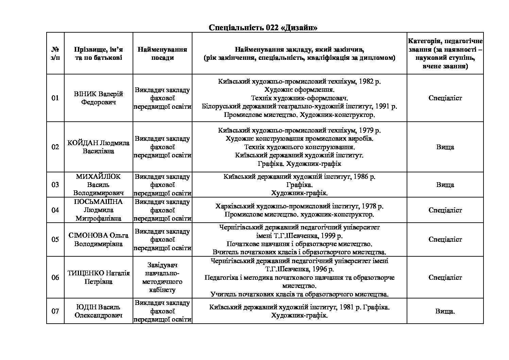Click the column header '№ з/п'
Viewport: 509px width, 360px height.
pyautogui.click(x=55, y=53)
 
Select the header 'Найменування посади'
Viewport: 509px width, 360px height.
pyautogui.click(x=162, y=53)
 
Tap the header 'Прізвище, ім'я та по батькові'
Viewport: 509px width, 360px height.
pyautogui.click(x=98, y=53)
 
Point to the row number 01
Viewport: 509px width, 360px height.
pyautogui.click(x=55, y=98)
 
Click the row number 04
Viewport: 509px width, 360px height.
pyautogui.click(x=55, y=210)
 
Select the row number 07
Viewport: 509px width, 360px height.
pyautogui.click(x=55, y=311)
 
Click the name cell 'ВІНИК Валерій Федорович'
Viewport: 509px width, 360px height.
pyautogui.click(x=98, y=98)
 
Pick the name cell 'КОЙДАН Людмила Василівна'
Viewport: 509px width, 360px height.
pyautogui.click(x=98, y=147)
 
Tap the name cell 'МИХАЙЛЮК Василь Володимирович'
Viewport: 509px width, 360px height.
pyautogui.click(x=98, y=185)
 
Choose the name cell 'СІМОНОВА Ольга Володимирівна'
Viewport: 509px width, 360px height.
pyautogui.click(x=98, y=239)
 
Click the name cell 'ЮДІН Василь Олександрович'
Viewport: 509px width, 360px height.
pyautogui.click(x=98, y=311)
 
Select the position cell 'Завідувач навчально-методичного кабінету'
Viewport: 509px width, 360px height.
pyautogui.click(x=162, y=277)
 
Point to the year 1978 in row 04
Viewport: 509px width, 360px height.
pyautogui.click(x=368, y=206)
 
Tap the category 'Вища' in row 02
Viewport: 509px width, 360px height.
pyautogui.click(x=445, y=147)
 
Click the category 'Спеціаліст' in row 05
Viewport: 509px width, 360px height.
pyautogui.click(x=445, y=239)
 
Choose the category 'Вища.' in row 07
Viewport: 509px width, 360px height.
pyautogui.click(x=445, y=311)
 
